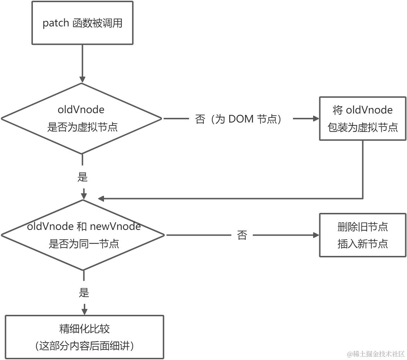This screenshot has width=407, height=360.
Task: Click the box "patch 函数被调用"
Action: coord(82,23)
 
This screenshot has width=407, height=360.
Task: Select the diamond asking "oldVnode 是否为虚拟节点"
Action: coord(82,118)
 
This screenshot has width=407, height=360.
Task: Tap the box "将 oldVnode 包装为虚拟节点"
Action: coord(363,118)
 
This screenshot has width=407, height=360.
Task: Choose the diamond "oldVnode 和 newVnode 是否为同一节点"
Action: coord(84,235)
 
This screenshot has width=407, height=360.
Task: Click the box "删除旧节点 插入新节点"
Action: coord(363,235)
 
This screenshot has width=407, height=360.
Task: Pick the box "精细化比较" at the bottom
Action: coord(84,337)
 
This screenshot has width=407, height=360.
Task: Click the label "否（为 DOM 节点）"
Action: coord(238,119)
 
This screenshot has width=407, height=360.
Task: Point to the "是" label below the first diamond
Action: coord(83,177)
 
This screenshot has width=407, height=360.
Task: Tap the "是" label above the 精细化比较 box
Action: coord(84,292)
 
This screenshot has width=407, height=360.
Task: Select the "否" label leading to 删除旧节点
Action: coord(242,235)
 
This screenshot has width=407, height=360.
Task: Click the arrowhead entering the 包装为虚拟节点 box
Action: coord(316,119)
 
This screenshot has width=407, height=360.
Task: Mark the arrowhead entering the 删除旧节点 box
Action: coord(316,235)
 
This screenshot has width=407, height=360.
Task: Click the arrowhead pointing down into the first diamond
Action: coord(82,79)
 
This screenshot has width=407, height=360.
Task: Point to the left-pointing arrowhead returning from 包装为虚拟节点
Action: coord(101,198)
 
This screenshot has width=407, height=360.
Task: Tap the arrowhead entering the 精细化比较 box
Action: coord(84,311)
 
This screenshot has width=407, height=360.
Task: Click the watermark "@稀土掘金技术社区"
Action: coord(376,354)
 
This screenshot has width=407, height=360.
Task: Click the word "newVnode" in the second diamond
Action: coord(115,227)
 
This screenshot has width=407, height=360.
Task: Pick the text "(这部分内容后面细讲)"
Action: coord(85,346)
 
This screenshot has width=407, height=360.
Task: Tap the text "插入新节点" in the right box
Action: coord(363,244)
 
